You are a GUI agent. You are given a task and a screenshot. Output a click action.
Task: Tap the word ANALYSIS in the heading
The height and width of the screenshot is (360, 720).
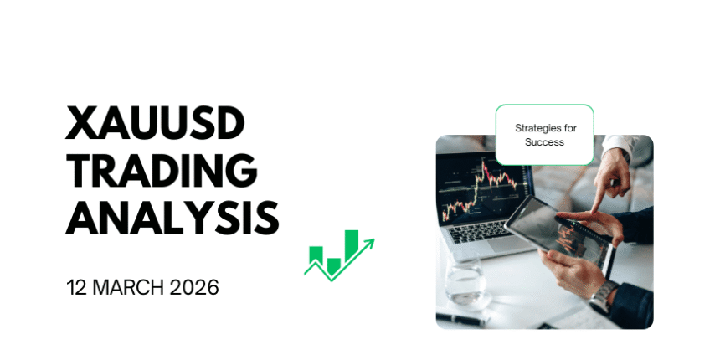[x=172, y=219]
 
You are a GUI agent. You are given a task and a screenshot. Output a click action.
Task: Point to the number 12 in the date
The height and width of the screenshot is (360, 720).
[x=78, y=287]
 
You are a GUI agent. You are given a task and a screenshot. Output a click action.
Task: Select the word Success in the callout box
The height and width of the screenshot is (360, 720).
[x=544, y=142]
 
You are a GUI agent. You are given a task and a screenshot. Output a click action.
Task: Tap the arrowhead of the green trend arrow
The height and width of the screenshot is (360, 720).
[x=368, y=244]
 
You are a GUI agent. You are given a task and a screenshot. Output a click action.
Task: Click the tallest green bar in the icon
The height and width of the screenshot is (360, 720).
[x=352, y=243]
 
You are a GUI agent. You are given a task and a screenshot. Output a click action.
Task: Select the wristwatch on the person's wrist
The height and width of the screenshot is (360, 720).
[x=604, y=294]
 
